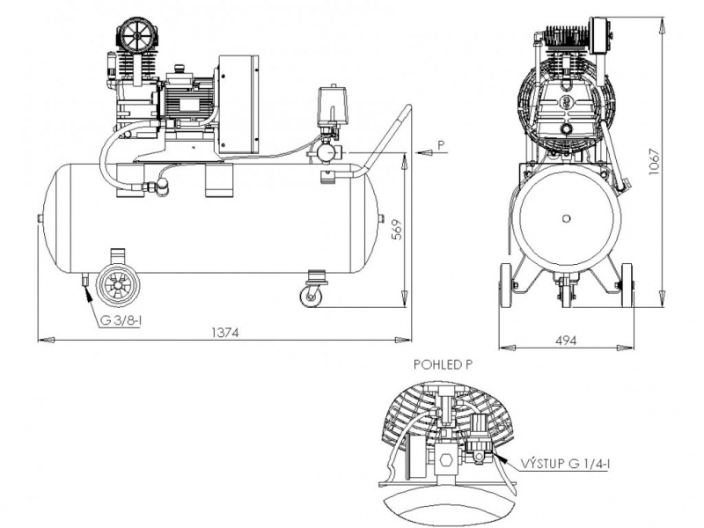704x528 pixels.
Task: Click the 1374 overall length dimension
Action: [225, 333]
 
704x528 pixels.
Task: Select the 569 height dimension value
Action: [398, 230]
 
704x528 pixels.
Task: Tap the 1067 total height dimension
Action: [655, 162]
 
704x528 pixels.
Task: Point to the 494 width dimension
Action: [565, 341]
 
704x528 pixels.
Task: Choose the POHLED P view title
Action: [444, 364]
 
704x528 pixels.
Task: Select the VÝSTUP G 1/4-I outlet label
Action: [565, 464]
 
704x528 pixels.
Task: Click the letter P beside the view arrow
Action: [442, 144]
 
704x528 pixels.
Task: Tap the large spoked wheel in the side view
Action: [118, 285]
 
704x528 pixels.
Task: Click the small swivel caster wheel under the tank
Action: [312, 296]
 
